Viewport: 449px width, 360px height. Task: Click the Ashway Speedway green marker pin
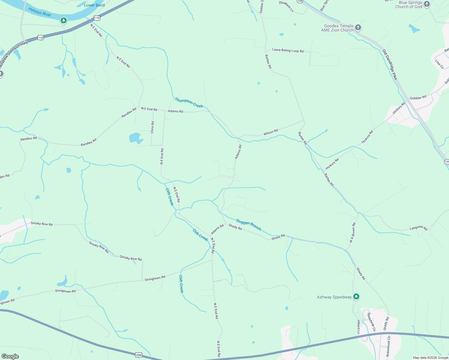[x=356, y=297]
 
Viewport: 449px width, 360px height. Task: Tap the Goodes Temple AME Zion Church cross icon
[x=358, y=28]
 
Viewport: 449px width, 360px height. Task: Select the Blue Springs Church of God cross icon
[x=427, y=4]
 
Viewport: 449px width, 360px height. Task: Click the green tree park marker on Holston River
[x=63, y=20]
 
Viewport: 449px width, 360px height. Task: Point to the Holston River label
[x=40, y=12]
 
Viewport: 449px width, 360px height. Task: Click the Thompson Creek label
[x=189, y=103]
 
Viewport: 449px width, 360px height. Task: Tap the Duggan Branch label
[x=249, y=225]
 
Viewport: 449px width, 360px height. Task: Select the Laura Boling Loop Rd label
[x=288, y=51]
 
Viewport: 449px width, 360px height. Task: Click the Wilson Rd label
[x=271, y=132]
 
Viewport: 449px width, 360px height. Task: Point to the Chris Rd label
[x=152, y=127]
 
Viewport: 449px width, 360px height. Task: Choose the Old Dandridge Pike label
[x=390, y=64]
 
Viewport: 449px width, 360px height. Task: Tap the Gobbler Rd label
[x=418, y=98]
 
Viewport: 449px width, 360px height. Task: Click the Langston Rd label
[x=418, y=228]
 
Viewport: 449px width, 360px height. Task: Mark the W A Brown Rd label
[x=352, y=233]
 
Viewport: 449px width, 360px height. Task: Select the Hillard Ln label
[x=358, y=327]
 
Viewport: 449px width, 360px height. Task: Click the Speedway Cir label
[x=371, y=322]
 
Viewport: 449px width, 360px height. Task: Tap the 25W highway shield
[x=138, y=355]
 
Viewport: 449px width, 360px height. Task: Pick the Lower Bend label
[x=94, y=5]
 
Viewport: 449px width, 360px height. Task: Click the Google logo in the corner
[x=10, y=356]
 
